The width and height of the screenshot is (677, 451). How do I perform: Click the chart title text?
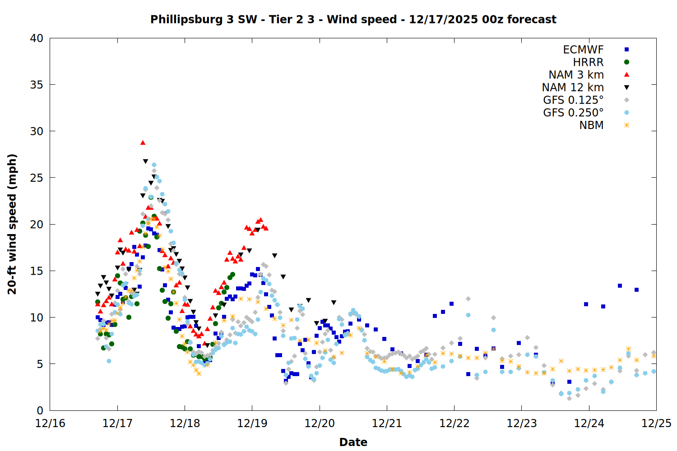click(353, 19)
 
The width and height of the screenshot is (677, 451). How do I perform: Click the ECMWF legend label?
click(583, 50)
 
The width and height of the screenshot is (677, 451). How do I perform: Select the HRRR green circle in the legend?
click(626, 62)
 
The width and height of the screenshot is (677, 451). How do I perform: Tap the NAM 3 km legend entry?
click(576, 75)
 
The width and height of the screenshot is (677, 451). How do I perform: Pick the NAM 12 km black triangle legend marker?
click(626, 87)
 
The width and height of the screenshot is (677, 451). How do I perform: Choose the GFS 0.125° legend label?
click(573, 100)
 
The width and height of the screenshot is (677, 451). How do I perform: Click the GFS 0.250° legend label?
click(573, 113)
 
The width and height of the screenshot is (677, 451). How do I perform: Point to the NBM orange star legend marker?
click(626, 125)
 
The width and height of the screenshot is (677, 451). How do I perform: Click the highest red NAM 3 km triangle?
click(143, 143)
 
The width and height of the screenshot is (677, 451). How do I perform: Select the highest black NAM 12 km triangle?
click(145, 161)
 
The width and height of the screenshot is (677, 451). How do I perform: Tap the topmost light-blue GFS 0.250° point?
click(154, 165)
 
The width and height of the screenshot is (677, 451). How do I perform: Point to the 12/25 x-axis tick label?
click(656, 423)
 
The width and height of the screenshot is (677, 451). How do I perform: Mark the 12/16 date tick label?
click(50, 423)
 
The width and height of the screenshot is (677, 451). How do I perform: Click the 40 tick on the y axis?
click(37, 38)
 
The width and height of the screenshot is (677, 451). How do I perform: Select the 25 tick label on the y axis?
click(37, 178)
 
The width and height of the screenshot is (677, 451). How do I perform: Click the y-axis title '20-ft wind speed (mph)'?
click(12, 224)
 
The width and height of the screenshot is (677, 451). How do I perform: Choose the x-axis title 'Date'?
click(353, 442)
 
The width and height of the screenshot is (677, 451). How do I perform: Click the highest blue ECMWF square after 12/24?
click(620, 285)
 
